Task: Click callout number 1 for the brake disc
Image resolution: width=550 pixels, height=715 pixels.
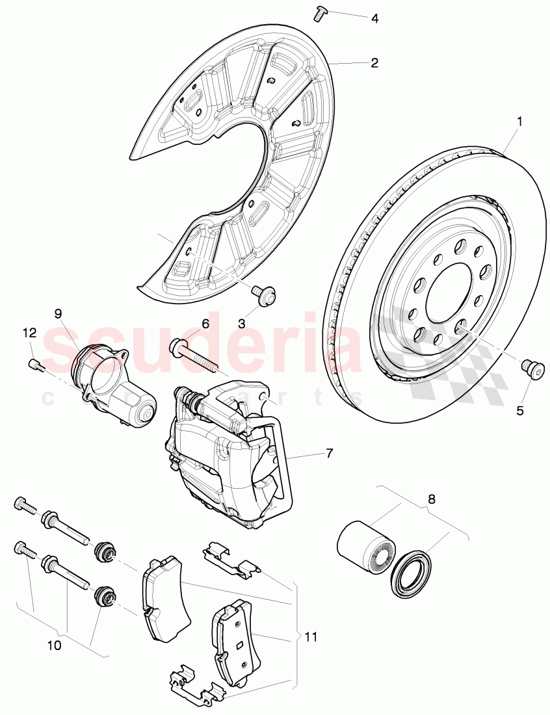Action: [x=519, y=121]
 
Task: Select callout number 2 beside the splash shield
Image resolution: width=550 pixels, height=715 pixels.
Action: [x=374, y=63]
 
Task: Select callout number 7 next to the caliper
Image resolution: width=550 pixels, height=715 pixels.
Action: [x=329, y=453]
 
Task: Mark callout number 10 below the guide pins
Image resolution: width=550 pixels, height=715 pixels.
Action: [x=54, y=646]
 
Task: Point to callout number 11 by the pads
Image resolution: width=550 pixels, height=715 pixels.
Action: [x=311, y=638]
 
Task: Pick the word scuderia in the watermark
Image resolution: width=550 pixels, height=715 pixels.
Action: [x=202, y=344]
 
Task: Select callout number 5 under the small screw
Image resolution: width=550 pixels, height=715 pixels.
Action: [x=519, y=410]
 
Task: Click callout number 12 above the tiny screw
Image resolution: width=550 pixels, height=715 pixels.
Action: [x=29, y=333]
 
